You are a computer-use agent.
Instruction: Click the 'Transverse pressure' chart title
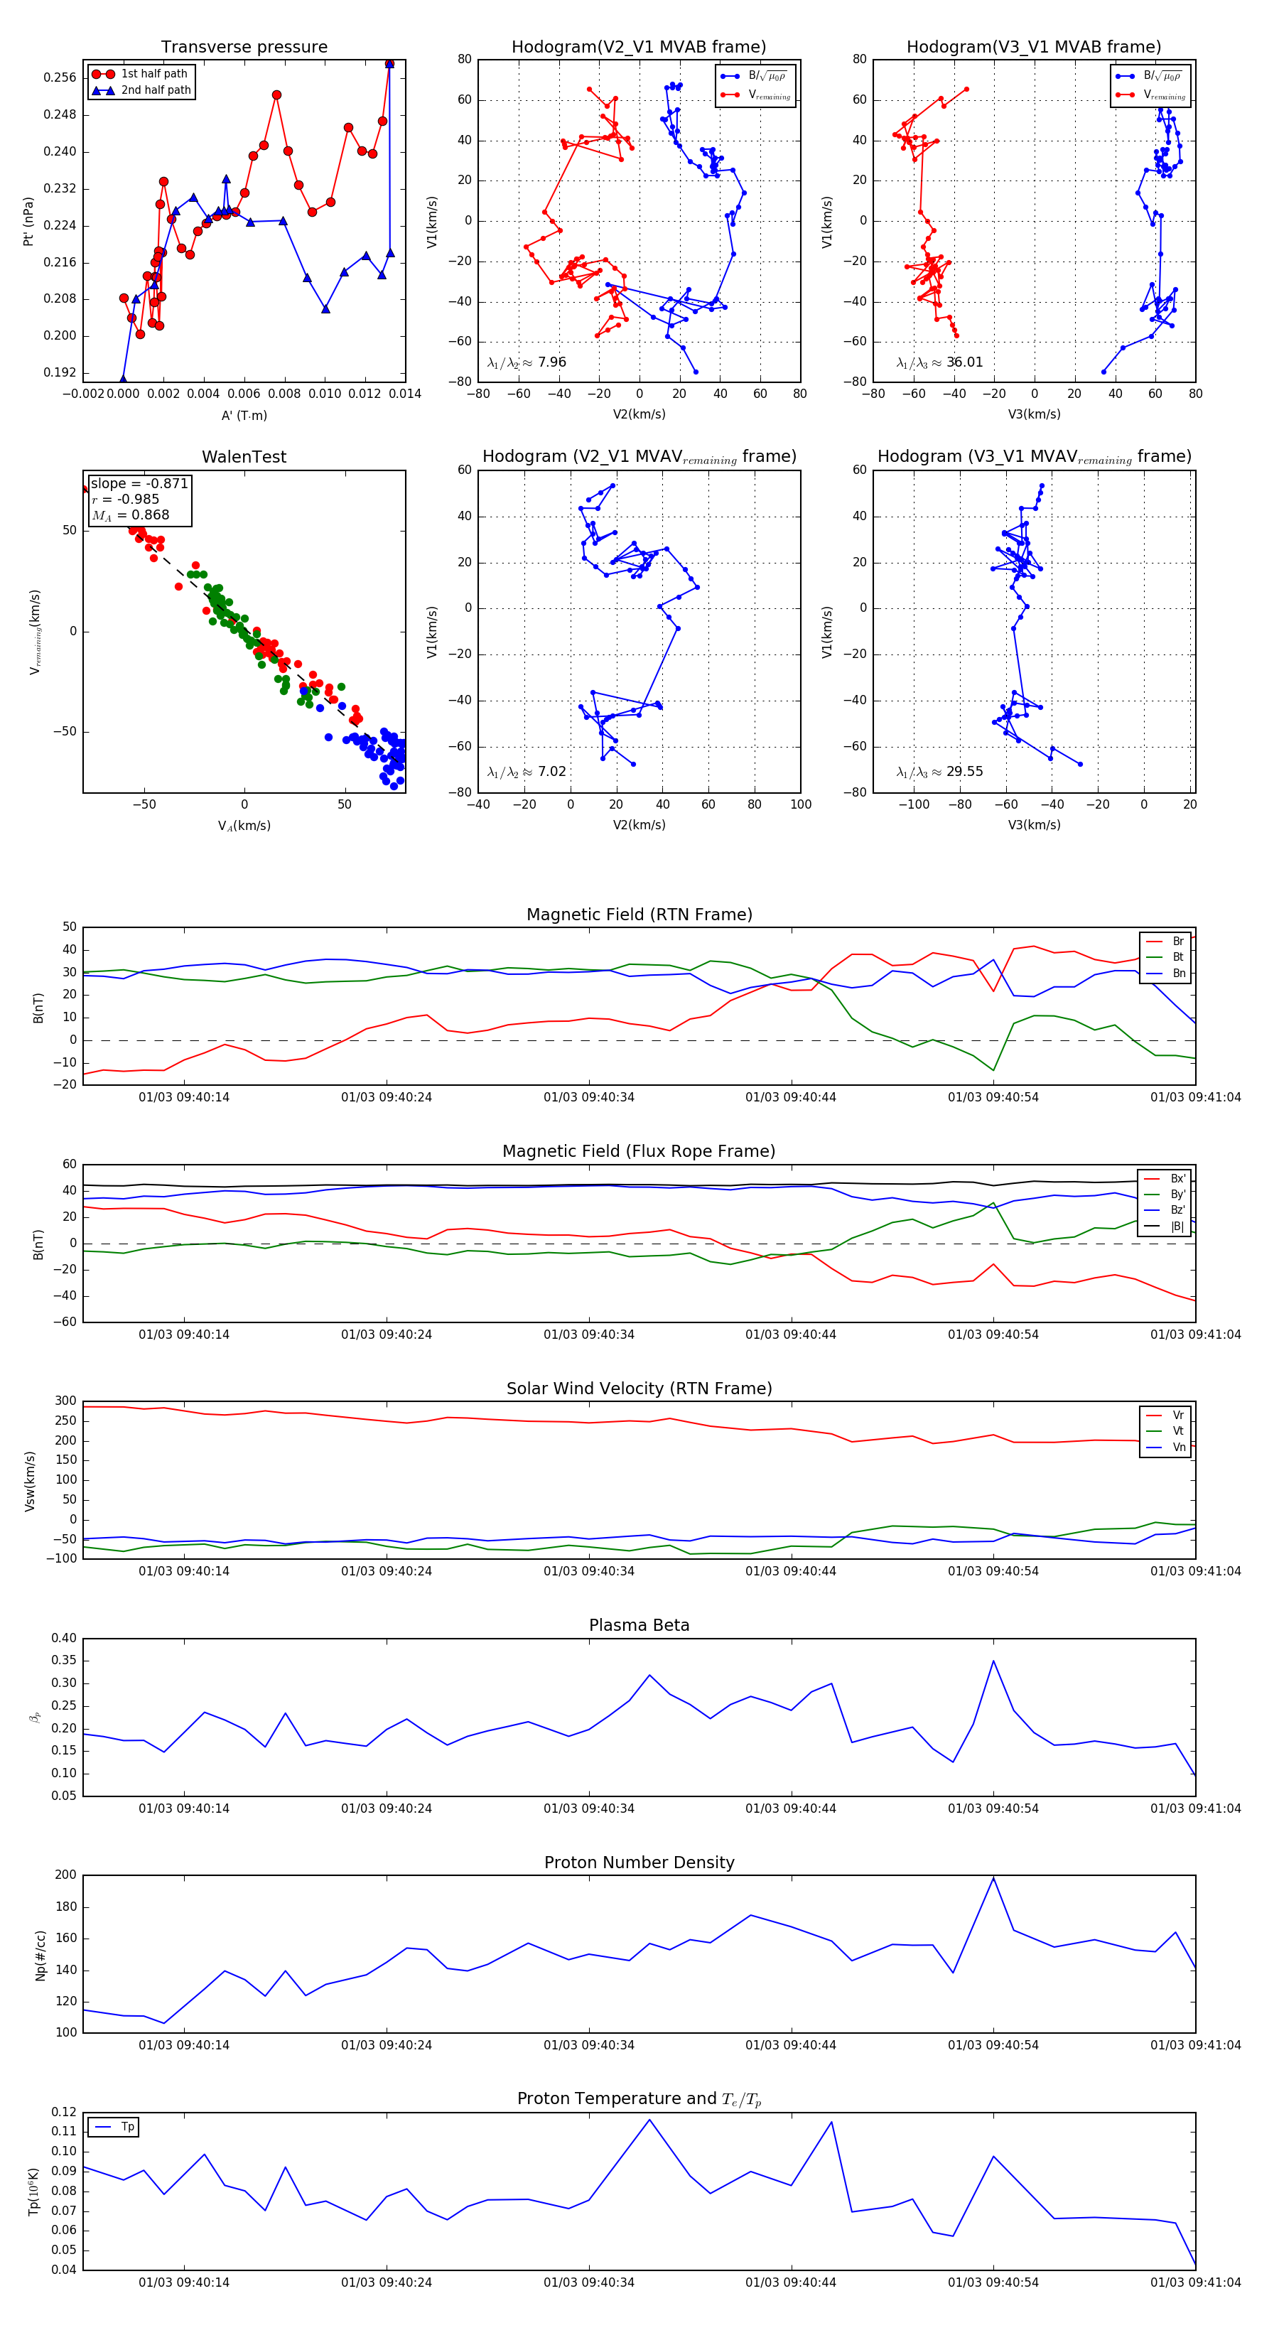[x=244, y=48]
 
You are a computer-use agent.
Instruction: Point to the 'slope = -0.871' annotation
[x=139, y=483]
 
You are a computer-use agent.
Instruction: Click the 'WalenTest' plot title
[x=244, y=457]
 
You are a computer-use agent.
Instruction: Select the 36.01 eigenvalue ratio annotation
[x=939, y=362]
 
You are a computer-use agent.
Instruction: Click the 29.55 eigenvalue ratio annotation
[x=939, y=772]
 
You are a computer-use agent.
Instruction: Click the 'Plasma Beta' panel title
[x=639, y=1625]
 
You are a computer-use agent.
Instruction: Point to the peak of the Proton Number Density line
[x=993, y=1878]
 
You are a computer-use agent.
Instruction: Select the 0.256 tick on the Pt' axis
[x=60, y=78]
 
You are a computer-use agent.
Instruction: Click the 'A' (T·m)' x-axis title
[x=244, y=415]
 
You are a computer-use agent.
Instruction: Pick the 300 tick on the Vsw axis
[x=65, y=1401]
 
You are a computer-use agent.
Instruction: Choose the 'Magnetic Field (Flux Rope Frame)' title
[x=639, y=1152]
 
